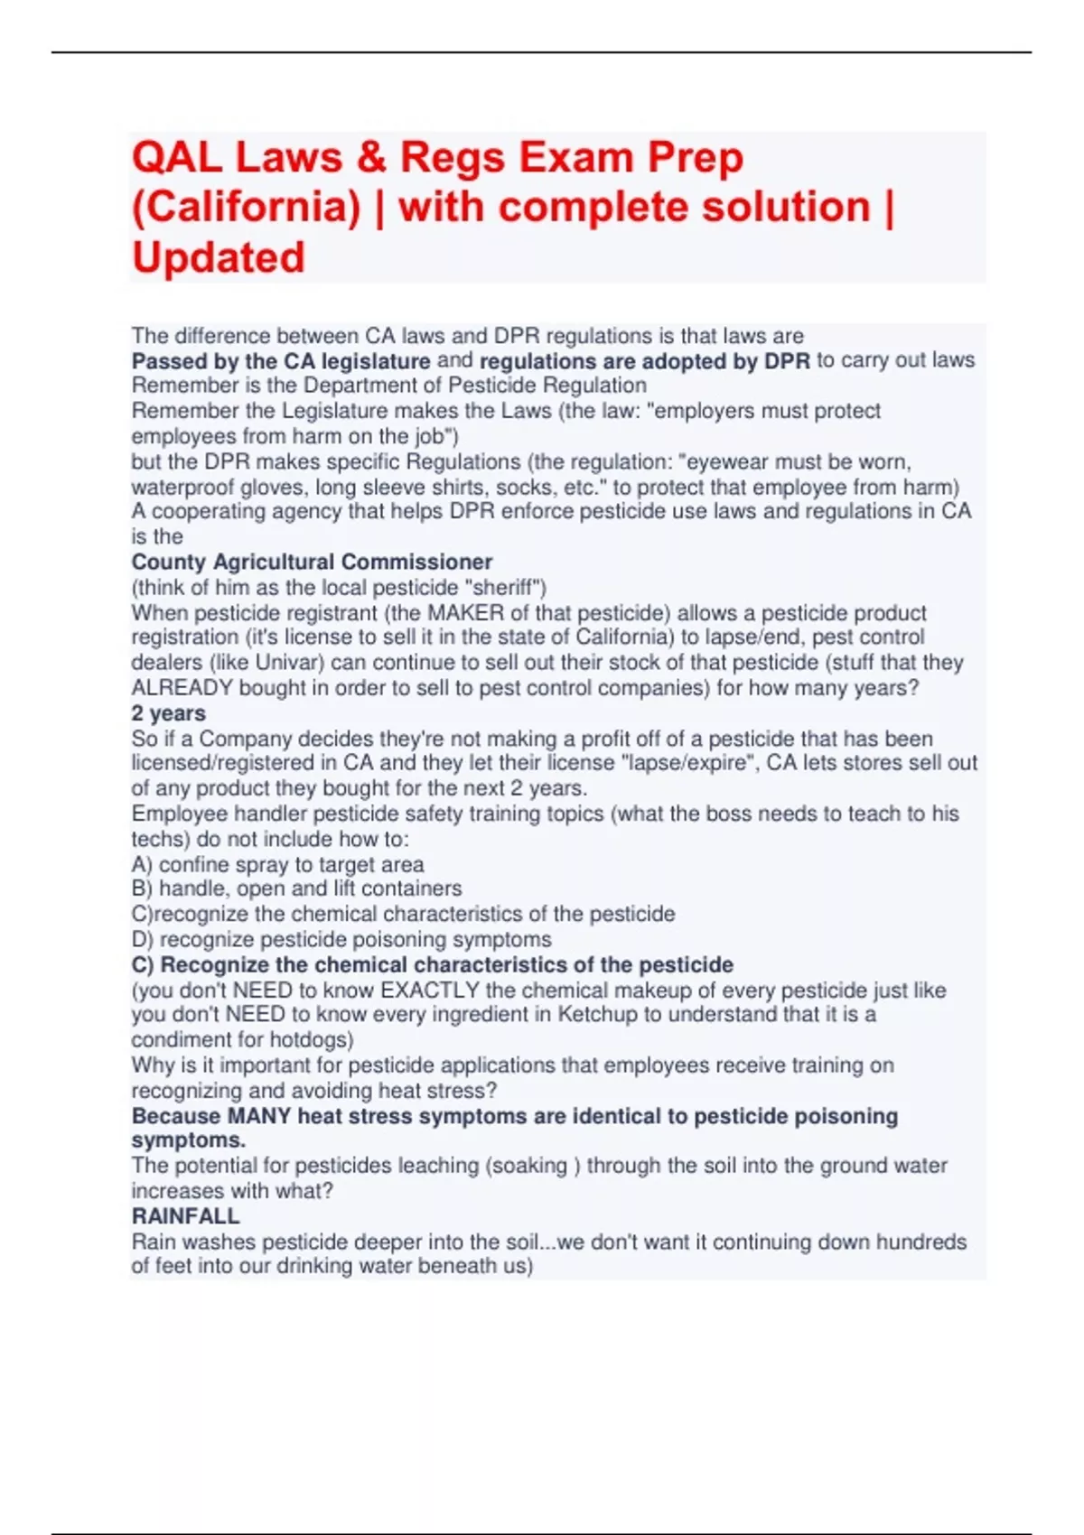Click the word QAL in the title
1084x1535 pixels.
pos(177,158)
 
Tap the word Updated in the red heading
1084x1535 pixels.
pos(219,258)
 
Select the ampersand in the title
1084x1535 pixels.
pos(370,158)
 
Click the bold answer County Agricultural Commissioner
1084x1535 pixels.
pos(312,562)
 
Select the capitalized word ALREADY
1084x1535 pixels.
pos(182,688)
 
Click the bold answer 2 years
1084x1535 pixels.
pos(168,713)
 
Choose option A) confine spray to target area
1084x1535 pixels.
pos(277,864)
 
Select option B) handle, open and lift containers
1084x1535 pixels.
pos(296,888)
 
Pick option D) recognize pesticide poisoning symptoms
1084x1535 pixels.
pos(341,940)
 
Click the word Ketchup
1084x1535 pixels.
pos(597,1015)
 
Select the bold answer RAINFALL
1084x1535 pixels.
pos(185,1216)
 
